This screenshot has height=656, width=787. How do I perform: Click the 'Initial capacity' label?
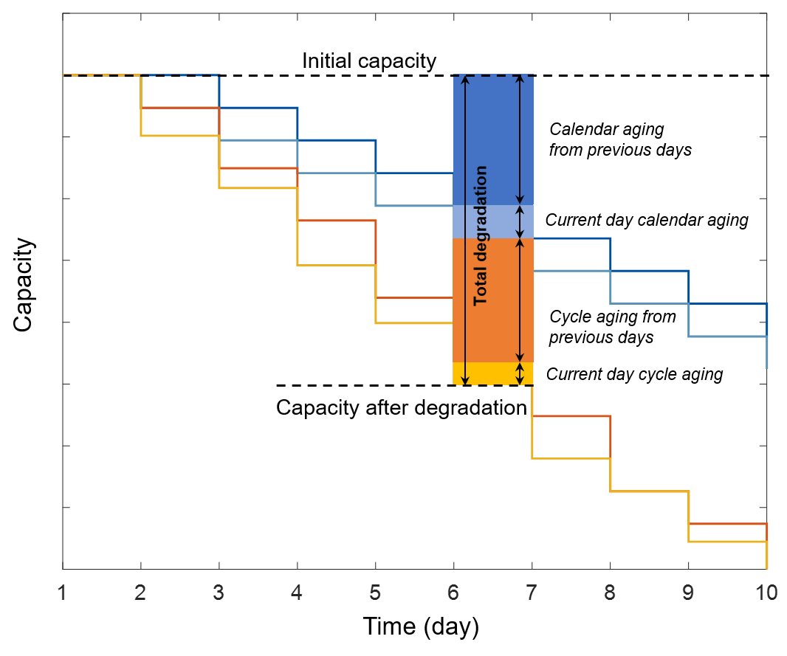coord(369,61)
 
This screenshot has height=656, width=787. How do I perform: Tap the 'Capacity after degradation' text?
coord(401,408)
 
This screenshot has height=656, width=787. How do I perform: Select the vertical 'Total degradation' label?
coord(481,236)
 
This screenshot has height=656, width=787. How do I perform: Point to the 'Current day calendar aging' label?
coord(647,220)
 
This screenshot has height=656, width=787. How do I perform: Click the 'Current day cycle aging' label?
coord(634,374)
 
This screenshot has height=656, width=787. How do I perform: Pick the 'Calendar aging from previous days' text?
coord(620,139)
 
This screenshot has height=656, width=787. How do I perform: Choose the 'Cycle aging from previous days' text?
coord(613,327)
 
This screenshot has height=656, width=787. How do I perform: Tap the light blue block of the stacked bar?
coord(492,221)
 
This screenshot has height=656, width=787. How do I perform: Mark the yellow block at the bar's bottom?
coord(492,373)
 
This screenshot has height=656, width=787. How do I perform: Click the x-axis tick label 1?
coord(63,593)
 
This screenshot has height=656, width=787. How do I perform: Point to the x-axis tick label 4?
coord(298,593)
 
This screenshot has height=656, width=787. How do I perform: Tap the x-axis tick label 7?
coord(532,593)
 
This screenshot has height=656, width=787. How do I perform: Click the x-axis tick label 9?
coord(688,593)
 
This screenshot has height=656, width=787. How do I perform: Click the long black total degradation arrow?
coord(464,295)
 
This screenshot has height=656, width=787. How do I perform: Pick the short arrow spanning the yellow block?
coord(520,373)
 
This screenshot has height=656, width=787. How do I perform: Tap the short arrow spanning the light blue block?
coord(520,221)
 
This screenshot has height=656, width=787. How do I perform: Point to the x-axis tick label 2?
coord(141,593)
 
